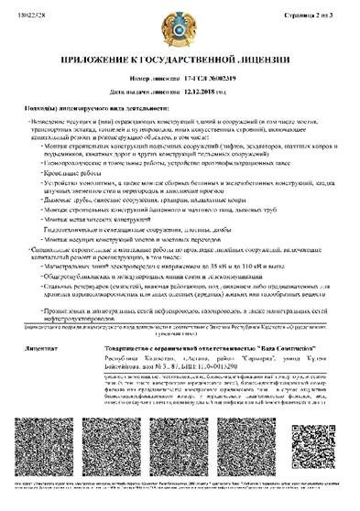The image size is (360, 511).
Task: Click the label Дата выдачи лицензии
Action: pos(151,93)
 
